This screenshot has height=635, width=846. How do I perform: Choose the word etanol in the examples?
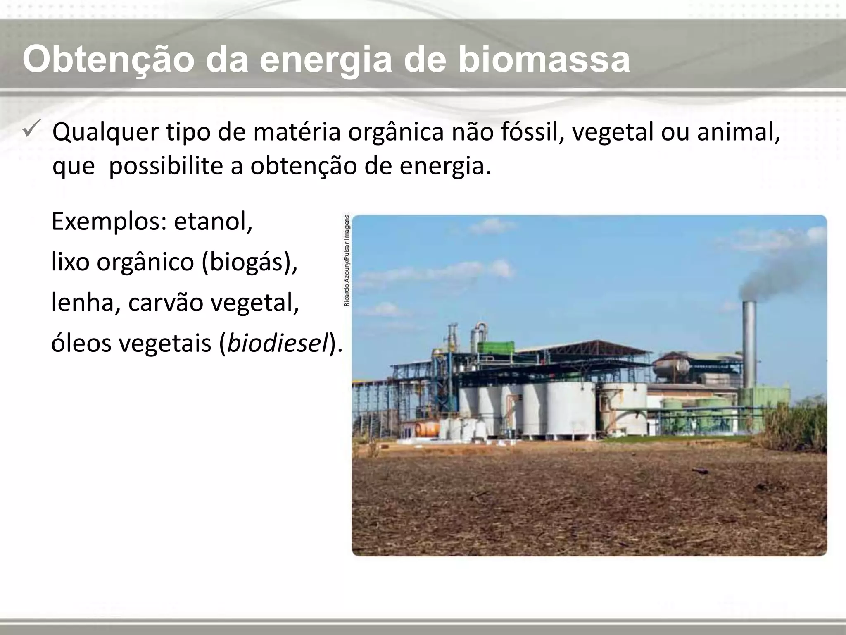pos(212,222)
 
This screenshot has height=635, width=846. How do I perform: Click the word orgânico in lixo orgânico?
pos(145,262)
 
